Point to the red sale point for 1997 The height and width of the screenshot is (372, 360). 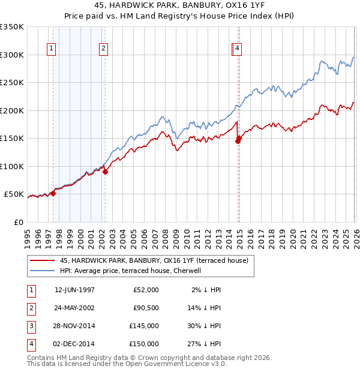[53, 193]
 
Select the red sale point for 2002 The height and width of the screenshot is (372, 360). [105, 172]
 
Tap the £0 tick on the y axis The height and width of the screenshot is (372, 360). [19, 222]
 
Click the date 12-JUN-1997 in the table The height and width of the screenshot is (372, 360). [74, 290]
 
